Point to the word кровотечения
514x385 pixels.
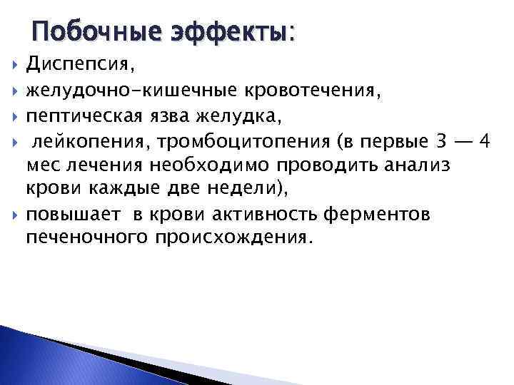313,91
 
